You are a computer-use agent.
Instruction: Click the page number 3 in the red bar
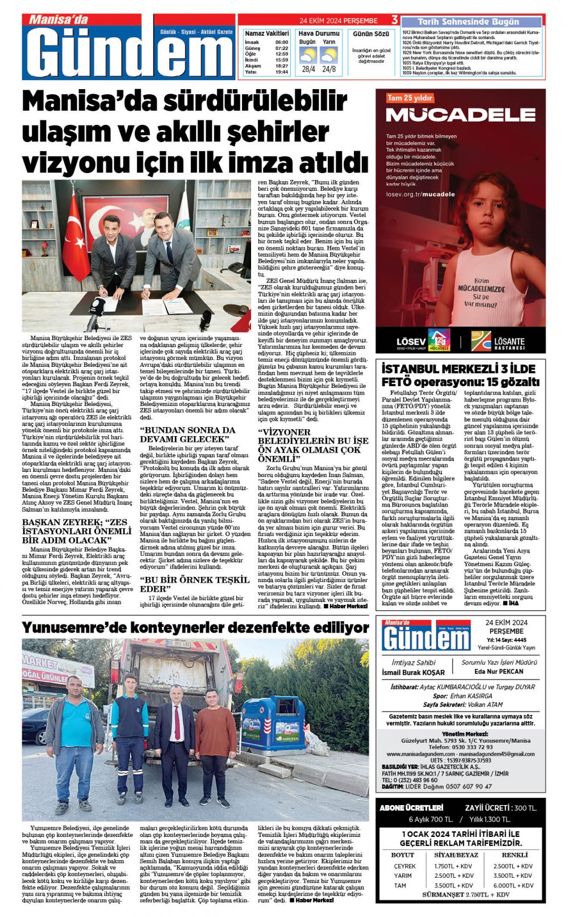(x=394, y=20)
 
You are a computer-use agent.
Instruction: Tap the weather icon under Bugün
(x=307, y=56)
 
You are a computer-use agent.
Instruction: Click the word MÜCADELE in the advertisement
(x=461, y=115)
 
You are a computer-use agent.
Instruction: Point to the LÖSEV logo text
(x=411, y=341)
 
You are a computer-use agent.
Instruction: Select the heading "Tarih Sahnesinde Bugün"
(x=468, y=22)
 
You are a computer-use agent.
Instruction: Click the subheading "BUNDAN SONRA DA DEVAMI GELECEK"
(x=187, y=434)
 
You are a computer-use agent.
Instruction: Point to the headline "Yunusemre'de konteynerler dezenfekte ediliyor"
(x=195, y=628)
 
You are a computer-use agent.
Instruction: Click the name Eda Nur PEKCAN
(x=498, y=671)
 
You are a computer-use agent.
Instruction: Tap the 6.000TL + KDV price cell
(x=512, y=885)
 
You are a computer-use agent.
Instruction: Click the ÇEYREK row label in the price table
(x=404, y=866)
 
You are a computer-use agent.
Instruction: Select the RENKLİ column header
(x=514, y=855)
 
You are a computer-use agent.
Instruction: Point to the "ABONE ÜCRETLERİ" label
(x=411, y=807)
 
